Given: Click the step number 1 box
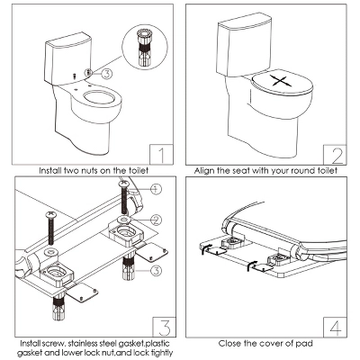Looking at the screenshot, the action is [161, 155].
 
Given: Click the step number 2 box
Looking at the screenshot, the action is [335, 155].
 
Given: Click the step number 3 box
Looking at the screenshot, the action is [165, 327].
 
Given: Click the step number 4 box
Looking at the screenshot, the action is [335, 327].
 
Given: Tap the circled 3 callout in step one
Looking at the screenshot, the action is [106, 73].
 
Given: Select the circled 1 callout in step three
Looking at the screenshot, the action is [156, 189].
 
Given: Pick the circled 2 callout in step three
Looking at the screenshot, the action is [156, 220].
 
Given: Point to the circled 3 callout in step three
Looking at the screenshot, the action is [156, 271].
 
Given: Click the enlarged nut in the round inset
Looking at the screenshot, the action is [145, 47].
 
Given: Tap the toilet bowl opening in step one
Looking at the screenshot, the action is [99, 98].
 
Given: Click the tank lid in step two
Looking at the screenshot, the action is [244, 25].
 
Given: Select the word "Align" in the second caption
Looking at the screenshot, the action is [204, 171].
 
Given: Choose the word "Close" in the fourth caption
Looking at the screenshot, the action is [229, 343].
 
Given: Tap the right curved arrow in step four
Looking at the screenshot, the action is [251, 265].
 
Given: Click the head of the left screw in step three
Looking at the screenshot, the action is [51, 214].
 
